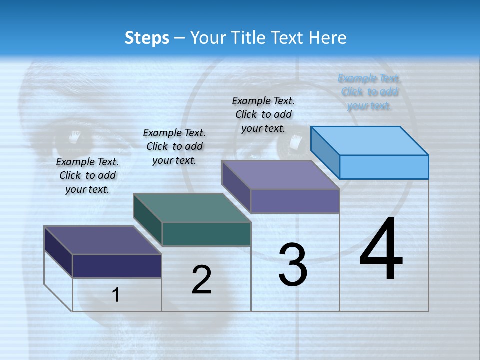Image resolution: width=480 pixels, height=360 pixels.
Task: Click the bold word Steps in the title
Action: point(147,38)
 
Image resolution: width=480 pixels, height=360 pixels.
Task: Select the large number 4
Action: point(381,250)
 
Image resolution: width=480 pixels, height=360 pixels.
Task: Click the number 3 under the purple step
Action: point(293,265)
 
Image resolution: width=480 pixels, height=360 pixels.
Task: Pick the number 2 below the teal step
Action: point(202,280)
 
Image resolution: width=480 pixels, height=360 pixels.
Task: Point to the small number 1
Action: point(116,295)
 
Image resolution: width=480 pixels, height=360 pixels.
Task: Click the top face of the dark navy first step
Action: point(103,240)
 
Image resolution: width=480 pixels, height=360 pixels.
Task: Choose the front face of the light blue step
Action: point(384,167)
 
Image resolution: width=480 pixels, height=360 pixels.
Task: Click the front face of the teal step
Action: point(206,234)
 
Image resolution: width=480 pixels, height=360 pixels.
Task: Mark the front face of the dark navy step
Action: point(117,266)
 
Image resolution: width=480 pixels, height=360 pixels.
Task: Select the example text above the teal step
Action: point(174,146)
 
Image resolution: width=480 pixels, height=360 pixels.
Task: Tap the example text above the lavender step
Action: point(263,114)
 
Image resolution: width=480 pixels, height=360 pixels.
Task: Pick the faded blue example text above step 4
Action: point(369,92)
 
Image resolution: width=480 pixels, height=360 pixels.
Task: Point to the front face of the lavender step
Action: point(295,201)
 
